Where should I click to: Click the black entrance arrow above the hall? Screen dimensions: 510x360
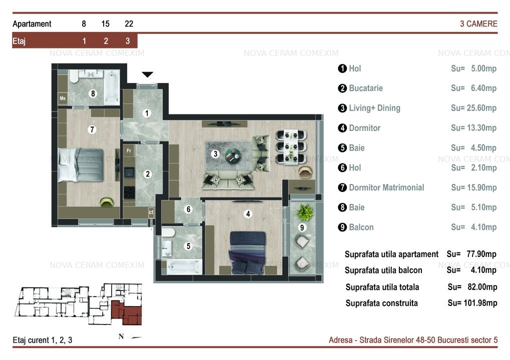click(147, 74)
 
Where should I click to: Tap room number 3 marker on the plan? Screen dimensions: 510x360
click(215, 153)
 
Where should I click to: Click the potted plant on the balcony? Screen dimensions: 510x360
click(305, 211)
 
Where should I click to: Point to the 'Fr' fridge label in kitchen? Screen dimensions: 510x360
click(129, 150)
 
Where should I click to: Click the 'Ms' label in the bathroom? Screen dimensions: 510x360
click(63, 98)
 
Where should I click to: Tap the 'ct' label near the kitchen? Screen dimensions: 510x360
click(151, 212)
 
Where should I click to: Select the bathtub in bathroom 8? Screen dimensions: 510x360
click(111, 87)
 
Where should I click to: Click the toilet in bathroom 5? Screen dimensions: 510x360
click(169, 232)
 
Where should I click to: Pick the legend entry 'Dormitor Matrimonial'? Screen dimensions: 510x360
click(386, 187)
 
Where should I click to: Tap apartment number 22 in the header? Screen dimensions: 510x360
click(129, 23)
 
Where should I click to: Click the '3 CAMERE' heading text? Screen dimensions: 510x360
click(478, 23)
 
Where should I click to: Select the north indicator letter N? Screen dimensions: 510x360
click(121, 336)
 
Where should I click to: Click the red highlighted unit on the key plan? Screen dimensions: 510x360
click(127, 312)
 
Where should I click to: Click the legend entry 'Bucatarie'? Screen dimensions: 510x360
click(365, 88)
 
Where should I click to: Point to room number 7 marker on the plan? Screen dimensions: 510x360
click(92, 129)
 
